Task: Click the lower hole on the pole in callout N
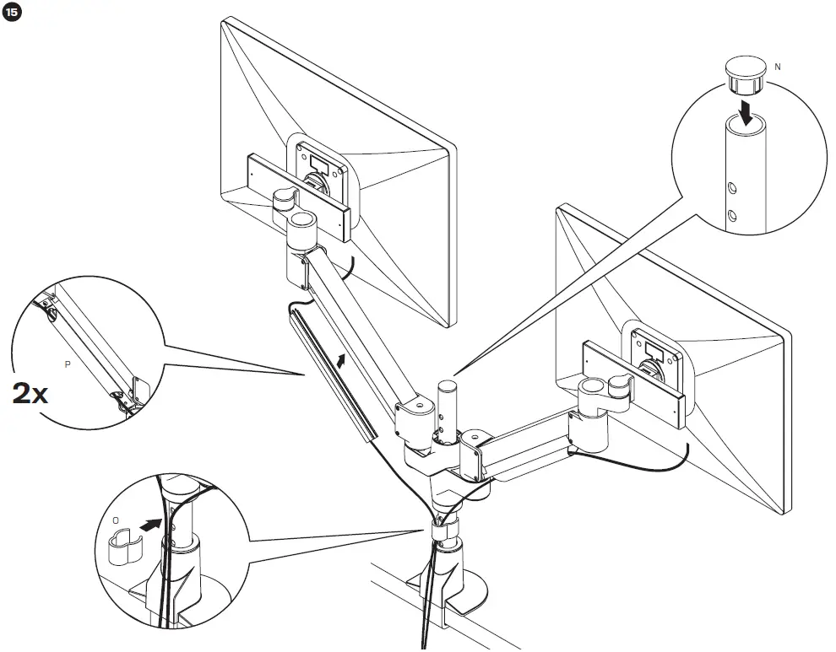[x=732, y=216]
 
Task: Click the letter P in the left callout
[x=68, y=364]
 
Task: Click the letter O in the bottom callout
[x=116, y=520]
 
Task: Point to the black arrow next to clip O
[x=149, y=525]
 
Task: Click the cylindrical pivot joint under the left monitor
[x=302, y=226]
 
